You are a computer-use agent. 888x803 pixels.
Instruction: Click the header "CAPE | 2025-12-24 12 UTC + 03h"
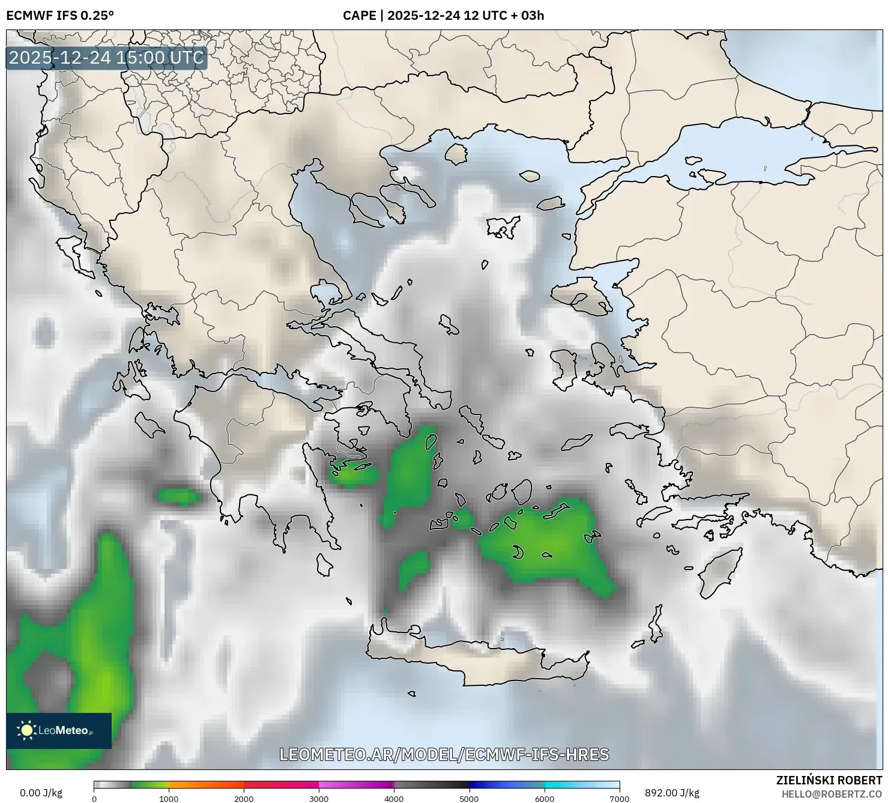(443, 16)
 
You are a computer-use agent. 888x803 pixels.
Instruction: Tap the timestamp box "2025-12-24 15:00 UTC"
(106, 58)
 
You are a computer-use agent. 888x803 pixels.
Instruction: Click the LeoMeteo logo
(59, 730)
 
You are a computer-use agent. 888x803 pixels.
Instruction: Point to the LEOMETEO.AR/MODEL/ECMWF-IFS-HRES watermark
(444, 754)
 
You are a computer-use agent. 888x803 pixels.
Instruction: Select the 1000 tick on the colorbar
(169, 798)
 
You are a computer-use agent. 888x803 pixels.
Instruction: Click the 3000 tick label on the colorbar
(319, 798)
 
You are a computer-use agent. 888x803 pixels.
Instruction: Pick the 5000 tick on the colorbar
(469, 798)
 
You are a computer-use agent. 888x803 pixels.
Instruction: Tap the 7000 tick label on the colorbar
(619, 798)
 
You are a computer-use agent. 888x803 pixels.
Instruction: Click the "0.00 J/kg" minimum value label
(41, 793)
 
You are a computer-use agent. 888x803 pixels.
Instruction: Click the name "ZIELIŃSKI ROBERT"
(829, 780)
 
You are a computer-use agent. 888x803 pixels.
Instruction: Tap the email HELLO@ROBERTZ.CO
(836, 794)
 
